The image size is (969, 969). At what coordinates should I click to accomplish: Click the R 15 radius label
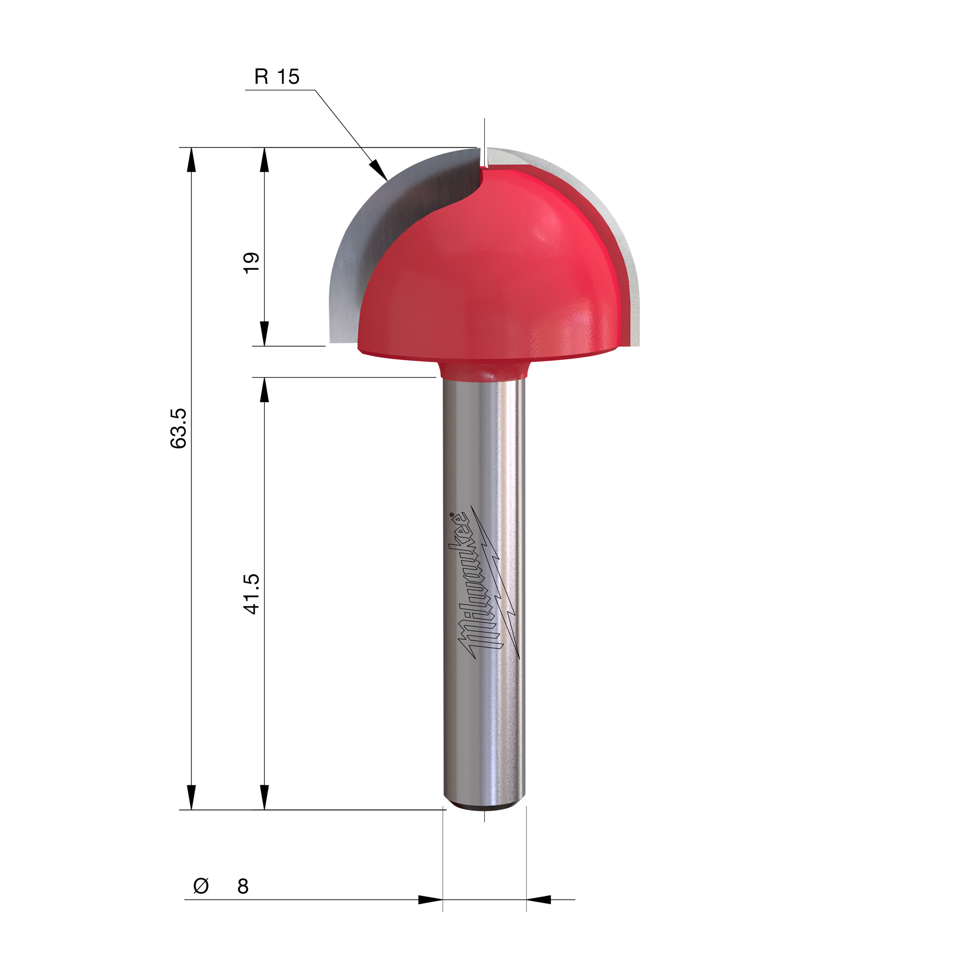point(276,77)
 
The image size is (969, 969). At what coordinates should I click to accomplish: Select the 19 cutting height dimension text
point(251,262)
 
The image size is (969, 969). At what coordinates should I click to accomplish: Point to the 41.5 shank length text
point(251,594)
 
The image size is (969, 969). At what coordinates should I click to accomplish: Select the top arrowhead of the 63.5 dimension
point(191,160)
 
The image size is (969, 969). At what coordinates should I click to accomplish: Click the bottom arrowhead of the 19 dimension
point(264,333)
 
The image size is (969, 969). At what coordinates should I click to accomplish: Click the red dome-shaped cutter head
point(492,271)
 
